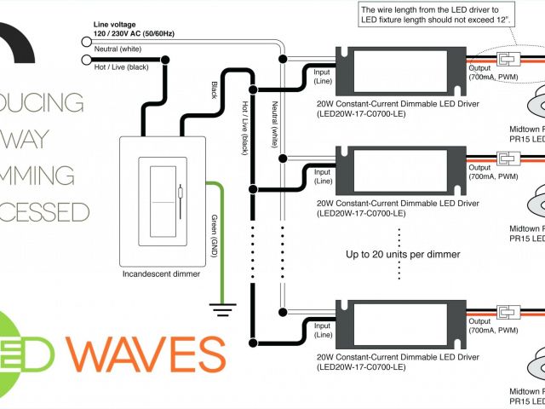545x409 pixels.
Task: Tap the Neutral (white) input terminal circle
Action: pos(86,40)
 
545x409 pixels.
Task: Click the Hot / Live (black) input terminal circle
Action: pos(86,60)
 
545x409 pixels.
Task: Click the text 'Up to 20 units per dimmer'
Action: pos(403,254)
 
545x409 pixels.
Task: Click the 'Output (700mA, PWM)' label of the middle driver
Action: pos(492,176)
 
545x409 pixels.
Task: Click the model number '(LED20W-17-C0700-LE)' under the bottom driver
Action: pos(363,368)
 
